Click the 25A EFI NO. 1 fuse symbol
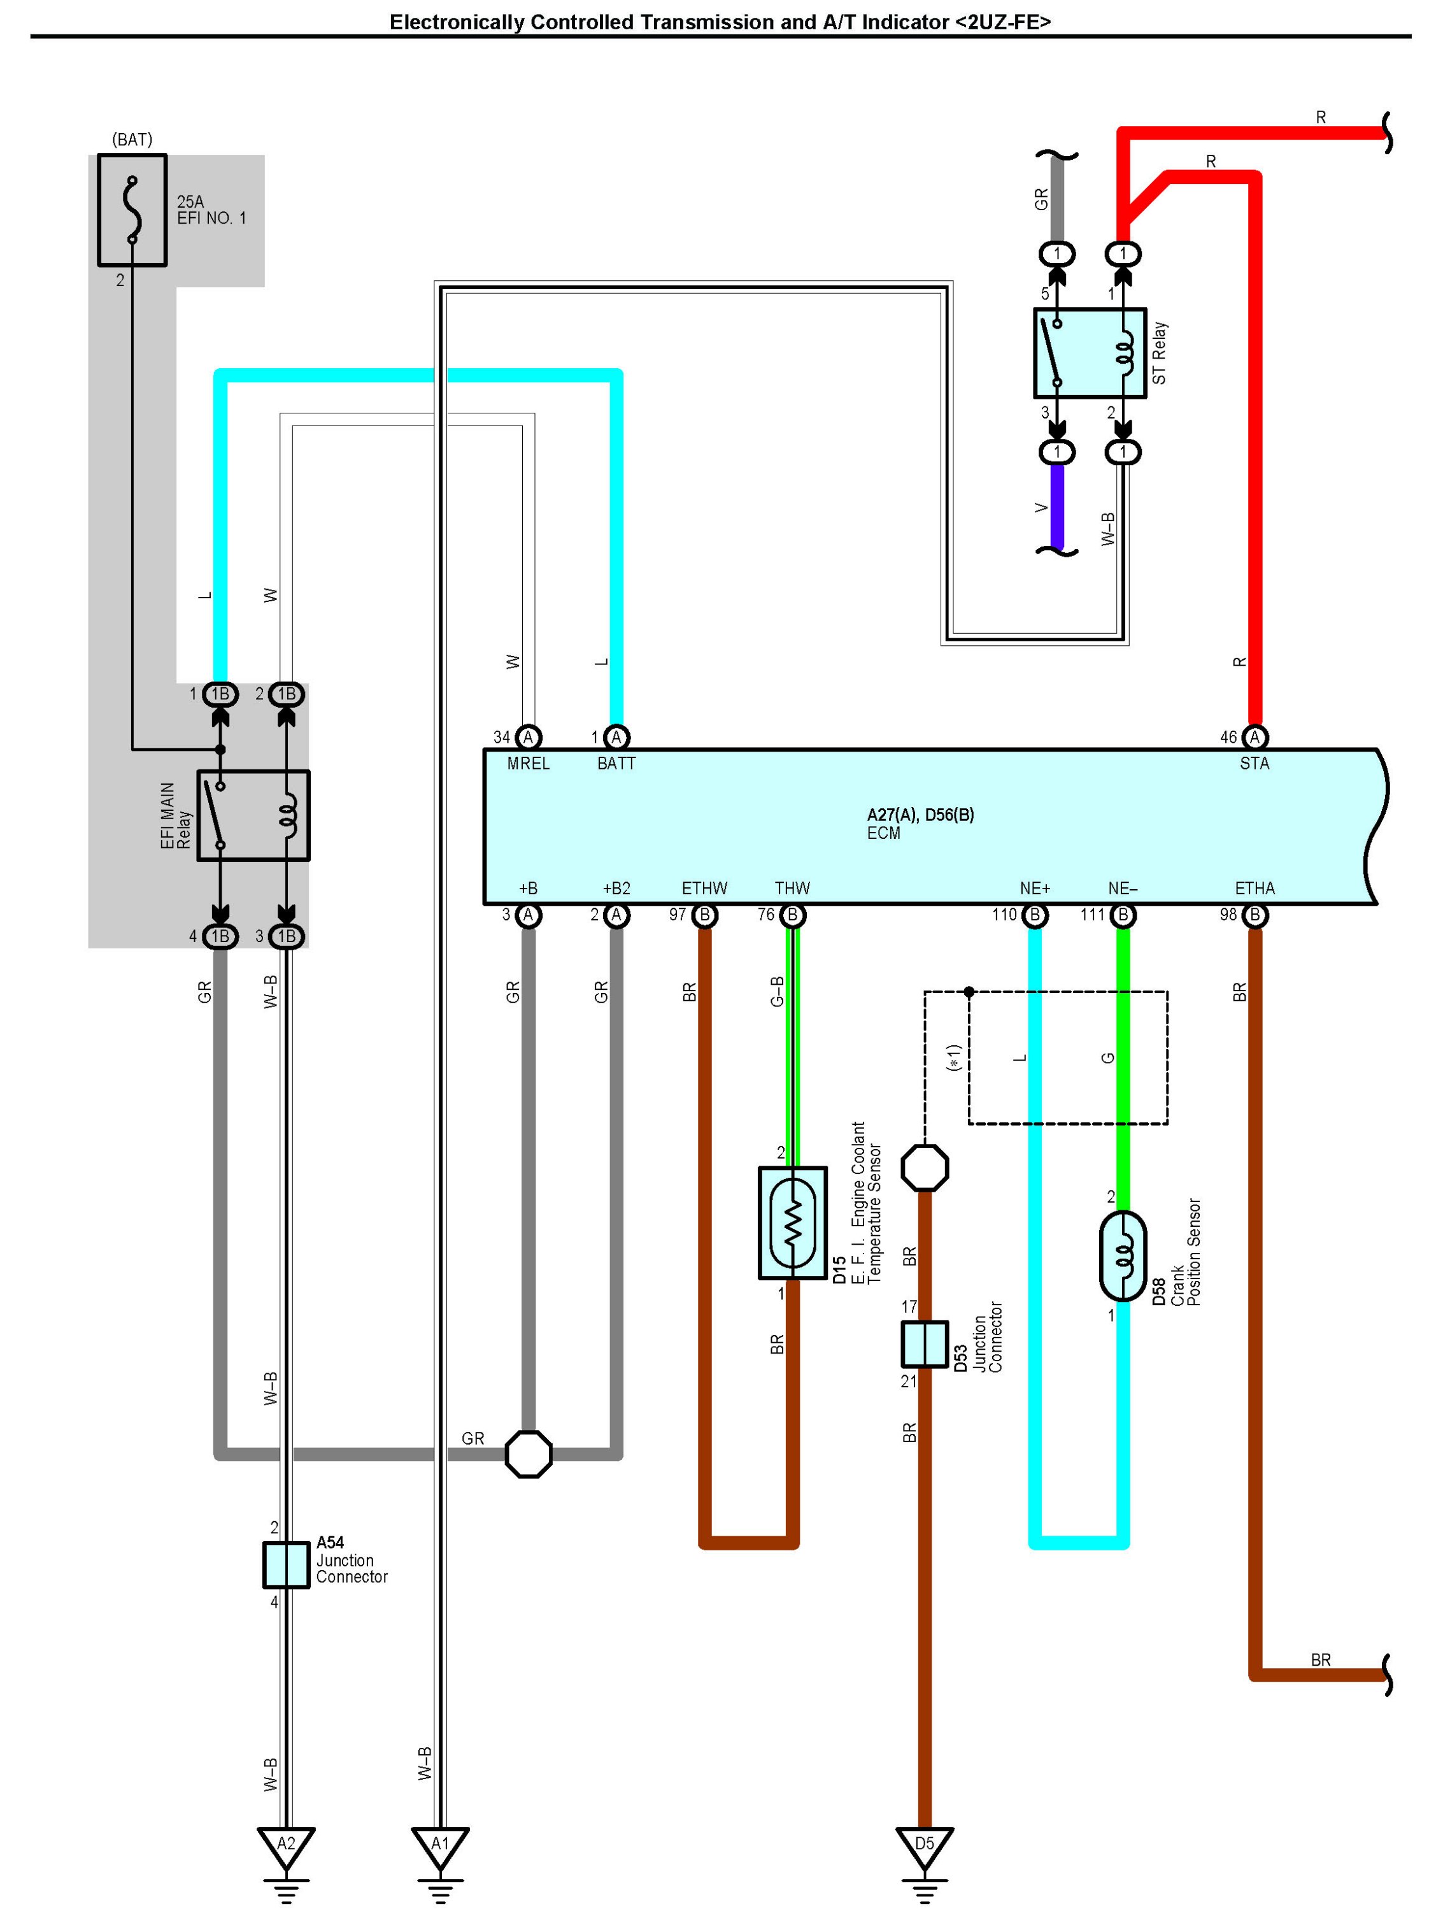tap(132, 210)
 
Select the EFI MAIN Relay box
tap(253, 815)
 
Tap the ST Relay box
tap(1090, 353)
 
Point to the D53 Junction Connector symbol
tap(924, 1344)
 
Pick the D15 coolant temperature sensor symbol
tap(792, 1224)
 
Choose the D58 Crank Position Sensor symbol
tap(1123, 1255)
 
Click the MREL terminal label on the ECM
tap(528, 763)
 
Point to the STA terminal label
tap(1254, 763)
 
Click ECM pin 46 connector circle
tap(1255, 737)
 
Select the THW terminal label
tap(792, 888)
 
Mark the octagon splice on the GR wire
tap(528, 1454)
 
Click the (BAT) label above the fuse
tap(132, 139)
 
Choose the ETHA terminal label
tap(1254, 888)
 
